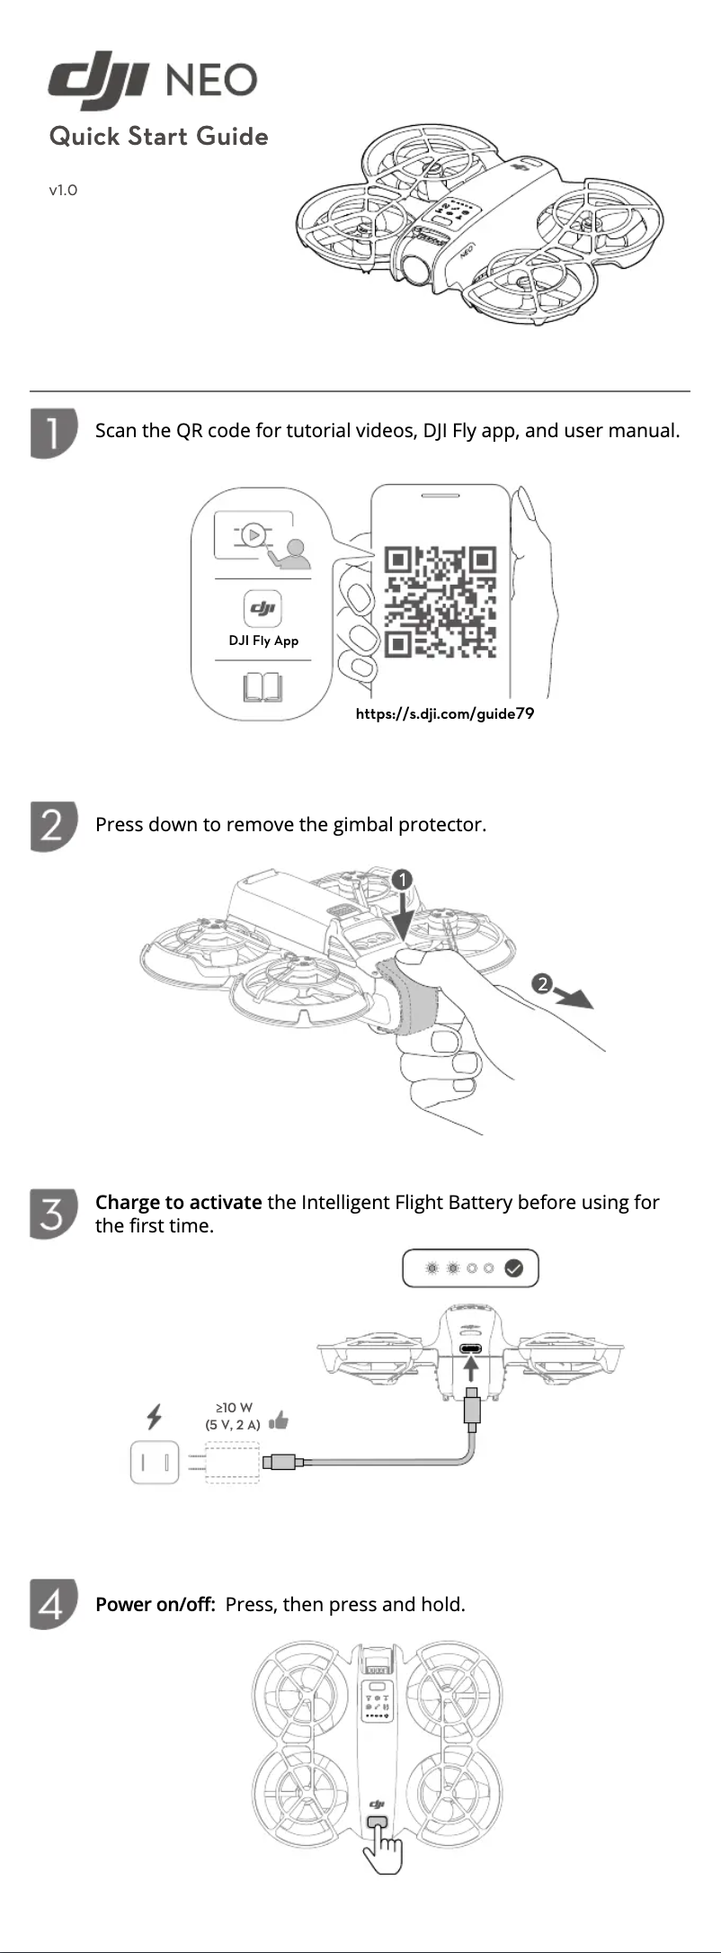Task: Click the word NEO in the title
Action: click(211, 81)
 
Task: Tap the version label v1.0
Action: click(63, 190)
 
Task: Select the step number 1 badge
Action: click(53, 434)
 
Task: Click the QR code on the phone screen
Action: click(441, 601)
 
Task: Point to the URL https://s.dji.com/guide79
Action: click(445, 713)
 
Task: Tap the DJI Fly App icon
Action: click(263, 609)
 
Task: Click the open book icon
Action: click(263, 688)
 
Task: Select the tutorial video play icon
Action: click(254, 535)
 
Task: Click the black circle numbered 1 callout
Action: click(402, 879)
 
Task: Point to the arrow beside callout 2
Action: click(574, 997)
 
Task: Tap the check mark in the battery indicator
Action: click(513, 1268)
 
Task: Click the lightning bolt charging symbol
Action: click(155, 1417)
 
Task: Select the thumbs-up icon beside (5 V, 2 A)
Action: click(279, 1420)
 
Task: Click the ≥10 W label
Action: click(234, 1407)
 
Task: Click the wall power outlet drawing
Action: click(155, 1462)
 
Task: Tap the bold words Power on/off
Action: click(155, 1604)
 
